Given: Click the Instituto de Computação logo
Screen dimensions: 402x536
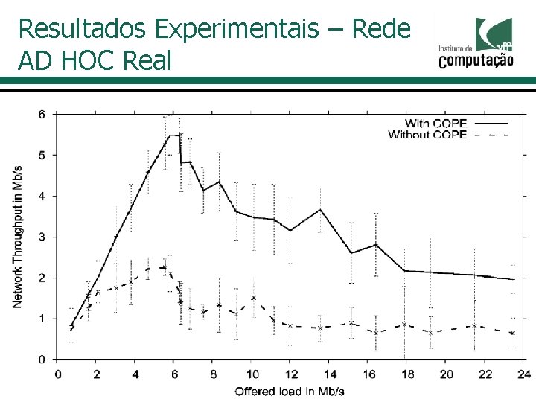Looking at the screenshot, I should (476, 44).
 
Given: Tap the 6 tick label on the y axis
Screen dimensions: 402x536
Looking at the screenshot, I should (42, 115).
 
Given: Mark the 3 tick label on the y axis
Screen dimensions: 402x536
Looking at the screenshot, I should (42, 237).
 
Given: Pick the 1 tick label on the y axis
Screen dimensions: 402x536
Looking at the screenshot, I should (42, 319).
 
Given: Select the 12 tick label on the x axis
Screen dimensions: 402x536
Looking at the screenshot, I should (290, 374).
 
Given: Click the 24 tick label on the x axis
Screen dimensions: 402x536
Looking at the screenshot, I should (523, 374).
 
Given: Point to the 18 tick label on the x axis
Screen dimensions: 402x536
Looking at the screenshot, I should (406, 374).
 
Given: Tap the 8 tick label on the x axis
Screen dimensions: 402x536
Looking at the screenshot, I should (213, 374).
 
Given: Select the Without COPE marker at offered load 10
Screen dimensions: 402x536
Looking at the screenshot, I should (253, 298).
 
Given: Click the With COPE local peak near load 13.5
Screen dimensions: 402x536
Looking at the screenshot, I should (320, 210).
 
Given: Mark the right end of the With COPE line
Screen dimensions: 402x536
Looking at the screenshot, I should (514, 279).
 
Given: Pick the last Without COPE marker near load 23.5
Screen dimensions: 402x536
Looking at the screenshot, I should (513, 333).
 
